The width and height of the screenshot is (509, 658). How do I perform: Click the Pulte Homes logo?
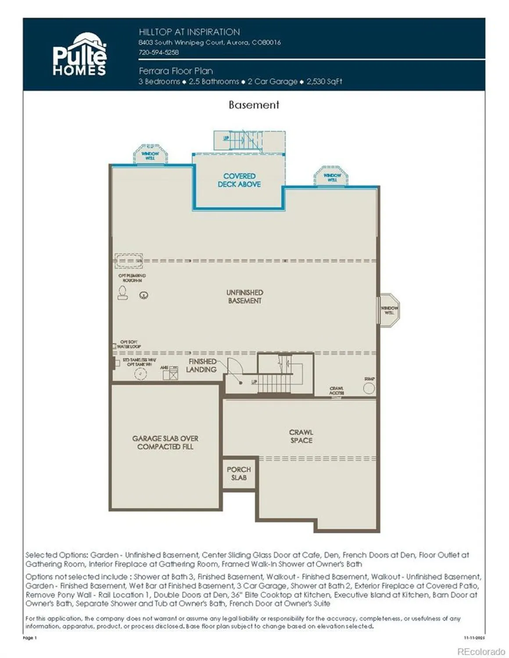point(79,55)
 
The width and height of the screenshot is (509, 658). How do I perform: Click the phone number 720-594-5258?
point(158,52)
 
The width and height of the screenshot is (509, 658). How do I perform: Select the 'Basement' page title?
point(254,105)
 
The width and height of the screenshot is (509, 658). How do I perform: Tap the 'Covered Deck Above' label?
point(239,180)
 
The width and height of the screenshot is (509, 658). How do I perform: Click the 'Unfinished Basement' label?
point(244,297)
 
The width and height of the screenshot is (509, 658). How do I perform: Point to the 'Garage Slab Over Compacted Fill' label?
point(165,443)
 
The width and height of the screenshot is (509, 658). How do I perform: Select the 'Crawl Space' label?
point(301,436)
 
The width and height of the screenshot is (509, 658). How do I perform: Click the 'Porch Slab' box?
point(239,473)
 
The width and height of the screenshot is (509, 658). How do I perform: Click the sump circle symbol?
point(369,388)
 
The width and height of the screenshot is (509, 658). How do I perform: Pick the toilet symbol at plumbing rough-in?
point(122,293)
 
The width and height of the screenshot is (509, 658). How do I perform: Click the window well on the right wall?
point(389,310)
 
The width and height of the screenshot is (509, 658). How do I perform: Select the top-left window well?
point(150,155)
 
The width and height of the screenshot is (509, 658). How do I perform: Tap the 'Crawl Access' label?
point(337,391)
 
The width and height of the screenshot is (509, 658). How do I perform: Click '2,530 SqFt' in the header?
point(324,82)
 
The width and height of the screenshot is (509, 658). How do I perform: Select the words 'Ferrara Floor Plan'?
point(176,71)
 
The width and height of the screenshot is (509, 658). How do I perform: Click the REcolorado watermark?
point(481,652)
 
